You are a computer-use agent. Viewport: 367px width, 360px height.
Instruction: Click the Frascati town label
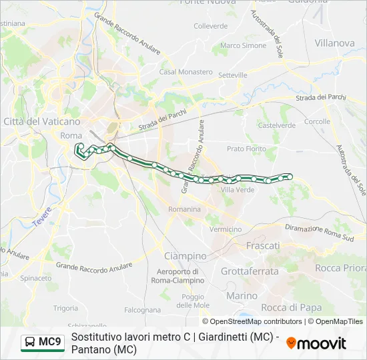[264, 246]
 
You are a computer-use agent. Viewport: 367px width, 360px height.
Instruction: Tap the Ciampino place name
[186, 256]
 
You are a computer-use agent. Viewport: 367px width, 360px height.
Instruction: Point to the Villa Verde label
[238, 190]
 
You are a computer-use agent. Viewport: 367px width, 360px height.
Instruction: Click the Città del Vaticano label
[42, 121]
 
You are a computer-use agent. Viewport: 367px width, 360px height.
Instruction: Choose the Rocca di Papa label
[291, 307]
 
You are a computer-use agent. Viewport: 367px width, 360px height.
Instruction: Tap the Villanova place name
[334, 43]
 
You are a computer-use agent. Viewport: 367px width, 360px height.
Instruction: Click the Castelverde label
[277, 125]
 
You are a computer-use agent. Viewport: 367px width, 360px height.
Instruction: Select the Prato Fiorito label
[246, 149]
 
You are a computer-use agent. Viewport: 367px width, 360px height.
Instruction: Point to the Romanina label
[184, 209]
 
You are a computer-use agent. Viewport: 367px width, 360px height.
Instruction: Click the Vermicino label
[226, 229]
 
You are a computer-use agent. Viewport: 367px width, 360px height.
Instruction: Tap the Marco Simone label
[243, 46]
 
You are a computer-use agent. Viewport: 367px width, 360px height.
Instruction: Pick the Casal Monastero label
[176, 71]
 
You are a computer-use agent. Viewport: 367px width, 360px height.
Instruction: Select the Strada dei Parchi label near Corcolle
[322, 97]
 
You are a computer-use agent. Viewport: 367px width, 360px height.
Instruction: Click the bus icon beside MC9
[30, 343]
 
